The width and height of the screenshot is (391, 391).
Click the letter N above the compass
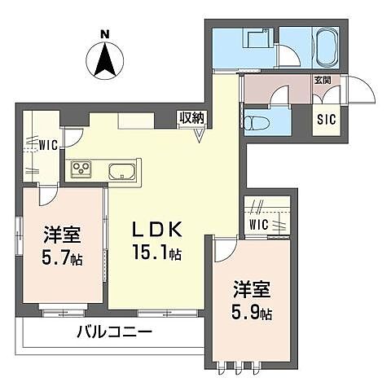click(x=105, y=34)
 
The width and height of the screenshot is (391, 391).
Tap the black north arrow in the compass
click(x=104, y=59)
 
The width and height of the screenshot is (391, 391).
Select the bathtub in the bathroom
click(x=326, y=48)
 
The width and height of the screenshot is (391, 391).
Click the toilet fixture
click(x=257, y=122)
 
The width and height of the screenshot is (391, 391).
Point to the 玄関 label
click(x=323, y=80)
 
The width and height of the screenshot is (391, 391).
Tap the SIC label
click(x=327, y=119)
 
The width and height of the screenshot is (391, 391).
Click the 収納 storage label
click(x=192, y=118)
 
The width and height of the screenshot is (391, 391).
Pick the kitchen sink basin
click(x=122, y=172)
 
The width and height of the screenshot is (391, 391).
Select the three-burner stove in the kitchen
click(x=81, y=169)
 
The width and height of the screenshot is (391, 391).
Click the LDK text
click(x=156, y=230)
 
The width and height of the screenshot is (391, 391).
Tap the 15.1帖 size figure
click(x=157, y=253)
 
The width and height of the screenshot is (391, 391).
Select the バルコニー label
click(x=115, y=332)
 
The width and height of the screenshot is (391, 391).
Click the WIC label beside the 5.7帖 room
click(x=48, y=145)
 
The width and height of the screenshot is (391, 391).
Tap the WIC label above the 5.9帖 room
click(x=259, y=225)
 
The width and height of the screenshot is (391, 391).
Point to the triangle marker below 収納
click(x=200, y=135)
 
